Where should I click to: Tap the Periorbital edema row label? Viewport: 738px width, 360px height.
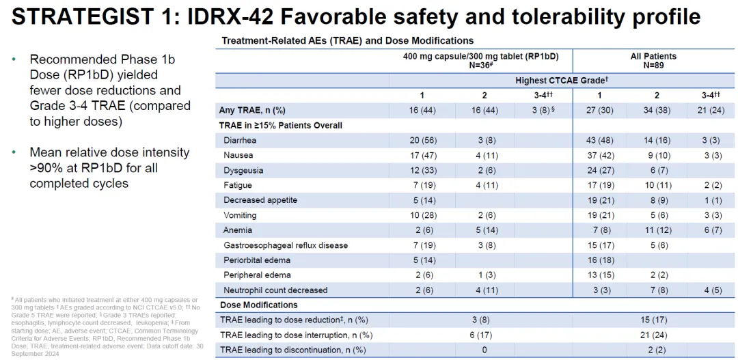tap(251, 260)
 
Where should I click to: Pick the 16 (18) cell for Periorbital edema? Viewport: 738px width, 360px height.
tap(599, 260)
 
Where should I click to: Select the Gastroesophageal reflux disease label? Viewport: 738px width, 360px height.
tap(286, 245)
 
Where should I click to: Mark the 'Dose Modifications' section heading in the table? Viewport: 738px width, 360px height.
tap(258, 305)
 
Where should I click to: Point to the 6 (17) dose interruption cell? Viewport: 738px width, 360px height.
tap(481, 335)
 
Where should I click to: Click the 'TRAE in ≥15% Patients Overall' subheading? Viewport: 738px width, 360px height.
tap(281, 125)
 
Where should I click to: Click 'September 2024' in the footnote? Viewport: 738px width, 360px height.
tap(36, 354)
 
